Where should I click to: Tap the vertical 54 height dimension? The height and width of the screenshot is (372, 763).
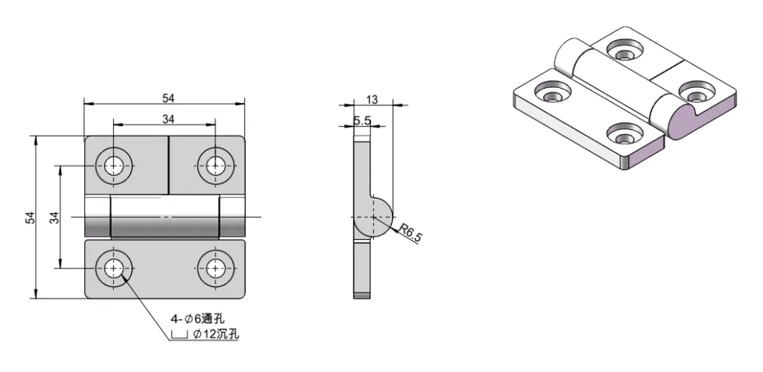(31, 217)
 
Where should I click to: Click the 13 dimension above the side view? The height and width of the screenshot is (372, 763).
(373, 99)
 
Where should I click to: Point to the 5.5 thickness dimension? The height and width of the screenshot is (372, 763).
(362, 121)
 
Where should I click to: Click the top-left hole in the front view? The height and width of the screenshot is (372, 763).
(114, 165)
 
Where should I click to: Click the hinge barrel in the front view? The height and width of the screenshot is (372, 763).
(165, 217)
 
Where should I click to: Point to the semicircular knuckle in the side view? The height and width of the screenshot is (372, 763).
(376, 217)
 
